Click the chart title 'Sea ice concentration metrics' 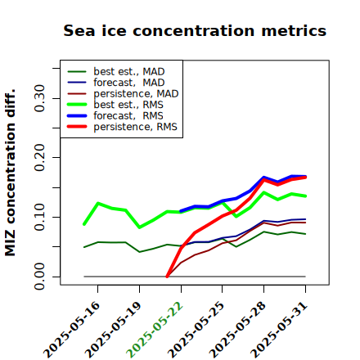(195, 30)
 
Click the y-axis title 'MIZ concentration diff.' (10, 173)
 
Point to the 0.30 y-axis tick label (40, 98)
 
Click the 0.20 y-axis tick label (40, 158)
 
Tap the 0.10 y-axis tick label (40, 217)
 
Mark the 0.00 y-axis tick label (40, 277)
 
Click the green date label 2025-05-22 (155, 330)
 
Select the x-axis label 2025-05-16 (71, 330)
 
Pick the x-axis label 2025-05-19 (113, 330)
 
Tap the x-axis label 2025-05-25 (196, 330)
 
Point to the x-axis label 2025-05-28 (237, 330)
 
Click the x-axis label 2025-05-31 (279, 330)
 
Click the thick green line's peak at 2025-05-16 (98, 203)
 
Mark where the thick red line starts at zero (167, 277)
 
